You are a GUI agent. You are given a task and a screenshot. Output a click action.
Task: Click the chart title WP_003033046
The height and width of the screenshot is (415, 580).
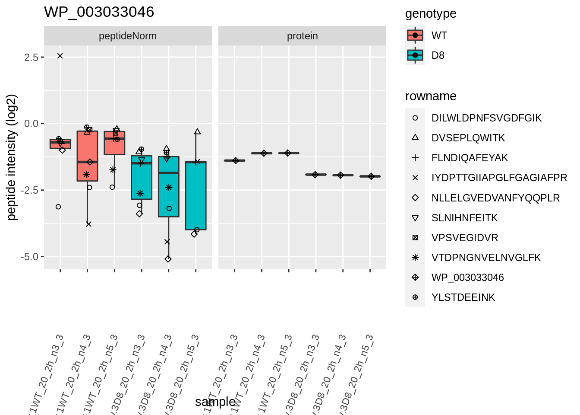point(99,12)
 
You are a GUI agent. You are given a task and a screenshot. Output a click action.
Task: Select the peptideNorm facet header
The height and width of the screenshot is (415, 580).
point(128,36)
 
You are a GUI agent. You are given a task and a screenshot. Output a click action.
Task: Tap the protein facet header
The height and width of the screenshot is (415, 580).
point(302,36)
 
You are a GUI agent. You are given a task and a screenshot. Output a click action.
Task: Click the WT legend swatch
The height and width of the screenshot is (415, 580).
point(415,35)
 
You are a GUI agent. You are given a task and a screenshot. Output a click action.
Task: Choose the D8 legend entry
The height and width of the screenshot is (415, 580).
point(438,55)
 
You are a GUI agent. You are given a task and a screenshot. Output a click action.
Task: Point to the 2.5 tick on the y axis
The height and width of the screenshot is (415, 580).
point(32,57)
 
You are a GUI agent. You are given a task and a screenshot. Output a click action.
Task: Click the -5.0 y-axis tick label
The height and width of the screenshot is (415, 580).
point(30,257)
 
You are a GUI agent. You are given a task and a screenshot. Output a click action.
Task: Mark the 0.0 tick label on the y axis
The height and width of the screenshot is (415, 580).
point(32,124)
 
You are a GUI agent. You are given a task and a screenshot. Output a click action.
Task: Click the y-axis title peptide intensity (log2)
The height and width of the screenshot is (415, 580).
point(12,157)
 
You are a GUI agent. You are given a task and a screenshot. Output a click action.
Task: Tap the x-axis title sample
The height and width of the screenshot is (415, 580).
point(215,402)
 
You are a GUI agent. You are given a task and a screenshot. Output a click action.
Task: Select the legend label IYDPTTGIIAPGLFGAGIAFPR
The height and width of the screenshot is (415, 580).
point(499,178)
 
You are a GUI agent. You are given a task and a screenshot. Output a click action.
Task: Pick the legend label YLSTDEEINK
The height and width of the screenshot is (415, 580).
point(463,297)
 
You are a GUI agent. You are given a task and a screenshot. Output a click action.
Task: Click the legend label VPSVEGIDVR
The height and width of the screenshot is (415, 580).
point(464,238)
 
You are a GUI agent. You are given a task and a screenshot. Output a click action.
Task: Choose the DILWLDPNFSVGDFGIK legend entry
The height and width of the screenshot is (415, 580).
point(486,118)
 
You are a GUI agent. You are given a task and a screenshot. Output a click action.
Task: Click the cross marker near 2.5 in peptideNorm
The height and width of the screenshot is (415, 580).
point(60,56)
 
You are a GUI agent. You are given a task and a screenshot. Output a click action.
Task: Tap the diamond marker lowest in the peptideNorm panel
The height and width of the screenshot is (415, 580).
point(168,259)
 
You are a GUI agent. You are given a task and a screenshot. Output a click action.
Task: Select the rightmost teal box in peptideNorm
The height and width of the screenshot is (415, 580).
point(196,195)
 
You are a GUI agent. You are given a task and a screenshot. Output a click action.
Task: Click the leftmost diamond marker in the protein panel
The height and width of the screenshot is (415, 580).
point(236,161)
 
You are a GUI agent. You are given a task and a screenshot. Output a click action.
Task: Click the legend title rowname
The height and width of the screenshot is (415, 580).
point(430,96)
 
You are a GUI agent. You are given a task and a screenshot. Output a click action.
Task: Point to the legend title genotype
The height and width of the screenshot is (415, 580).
point(430,14)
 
